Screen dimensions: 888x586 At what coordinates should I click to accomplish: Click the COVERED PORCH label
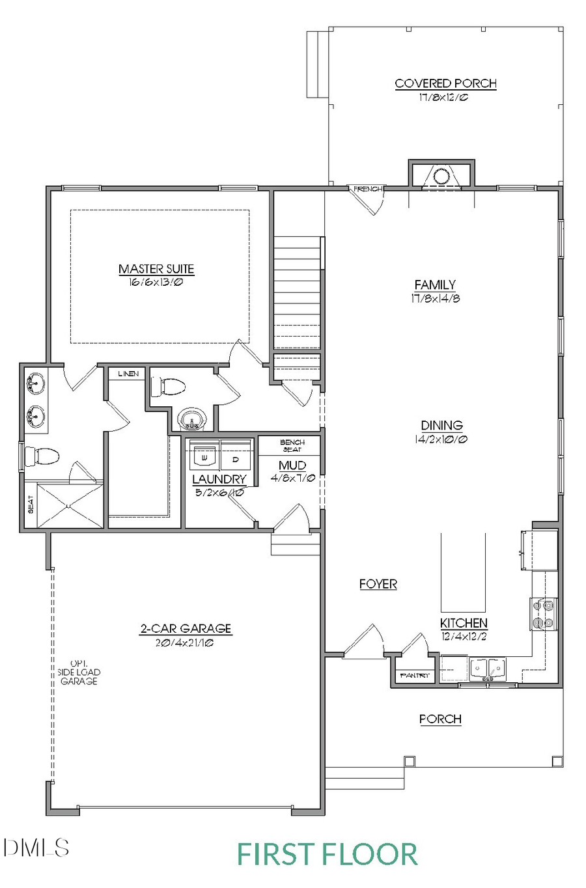[x=445, y=83]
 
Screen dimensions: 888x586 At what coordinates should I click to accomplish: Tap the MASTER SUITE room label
[x=156, y=269]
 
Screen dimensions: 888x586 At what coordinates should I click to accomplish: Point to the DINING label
[x=441, y=425]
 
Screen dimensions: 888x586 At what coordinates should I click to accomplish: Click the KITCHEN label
[x=464, y=623]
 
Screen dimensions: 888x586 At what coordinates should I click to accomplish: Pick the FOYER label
[x=378, y=584]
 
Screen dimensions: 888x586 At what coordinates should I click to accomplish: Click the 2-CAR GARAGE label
[x=186, y=629]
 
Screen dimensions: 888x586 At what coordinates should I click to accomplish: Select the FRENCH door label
[x=367, y=189]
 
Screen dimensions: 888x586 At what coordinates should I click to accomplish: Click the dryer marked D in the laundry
[x=235, y=458]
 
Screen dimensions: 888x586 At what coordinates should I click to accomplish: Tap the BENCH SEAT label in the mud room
[x=292, y=446]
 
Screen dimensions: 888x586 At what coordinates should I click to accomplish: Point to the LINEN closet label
[x=128, y=374]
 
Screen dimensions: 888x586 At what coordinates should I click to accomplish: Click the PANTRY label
[x=415, y=676]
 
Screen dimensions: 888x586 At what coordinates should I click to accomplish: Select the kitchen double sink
[x=486, y=669]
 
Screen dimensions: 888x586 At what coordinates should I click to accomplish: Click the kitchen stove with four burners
[x=544, y=614]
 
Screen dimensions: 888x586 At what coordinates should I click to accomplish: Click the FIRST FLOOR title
[x=327, y=853]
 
